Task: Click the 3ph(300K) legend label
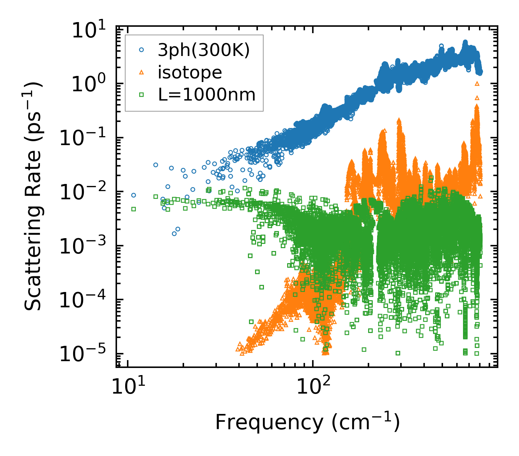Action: coord(204,51)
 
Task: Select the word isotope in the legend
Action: coord(190,73)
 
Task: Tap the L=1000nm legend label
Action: coord(207,95)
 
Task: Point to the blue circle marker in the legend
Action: coord(142,51)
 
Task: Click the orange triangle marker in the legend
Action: coord(142,73)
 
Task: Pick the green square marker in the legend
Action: coord(142,95)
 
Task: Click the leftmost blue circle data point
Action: coord(133,195)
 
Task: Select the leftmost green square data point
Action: coord(133,209)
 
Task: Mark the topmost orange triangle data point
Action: coord(477,83)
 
